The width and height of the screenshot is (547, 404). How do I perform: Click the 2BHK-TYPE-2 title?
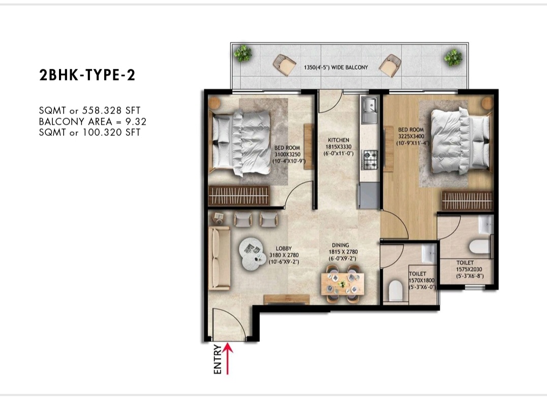tap(87, 75)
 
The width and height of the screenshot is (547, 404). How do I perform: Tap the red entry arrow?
tap(227, 359)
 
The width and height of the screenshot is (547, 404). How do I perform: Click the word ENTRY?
tap(218, 359)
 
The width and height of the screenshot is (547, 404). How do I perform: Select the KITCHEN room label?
tap(339, 140)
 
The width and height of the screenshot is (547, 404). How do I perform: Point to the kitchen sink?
tap(370, 110)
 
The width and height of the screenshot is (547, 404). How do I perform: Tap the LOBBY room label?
tap(284, 249)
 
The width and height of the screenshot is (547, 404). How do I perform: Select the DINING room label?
tap(340, 245)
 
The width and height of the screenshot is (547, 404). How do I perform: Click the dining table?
tap(343, 283)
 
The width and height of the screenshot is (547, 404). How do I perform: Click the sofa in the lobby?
tap(219, 258)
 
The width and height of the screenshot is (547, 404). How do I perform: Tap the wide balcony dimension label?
tap(336, 67)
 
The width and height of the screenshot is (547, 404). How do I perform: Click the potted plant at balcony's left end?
tap(243, 53)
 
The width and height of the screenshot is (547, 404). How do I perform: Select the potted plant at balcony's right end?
tap(453, 57)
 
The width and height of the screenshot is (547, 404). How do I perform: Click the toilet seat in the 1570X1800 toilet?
tap(396, 290)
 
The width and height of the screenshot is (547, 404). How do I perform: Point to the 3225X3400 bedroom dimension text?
tap(411, 136)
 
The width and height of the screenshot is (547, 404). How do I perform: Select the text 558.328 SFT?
tap(111, 110)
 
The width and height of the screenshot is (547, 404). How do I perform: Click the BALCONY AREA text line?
tap(93, 122)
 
